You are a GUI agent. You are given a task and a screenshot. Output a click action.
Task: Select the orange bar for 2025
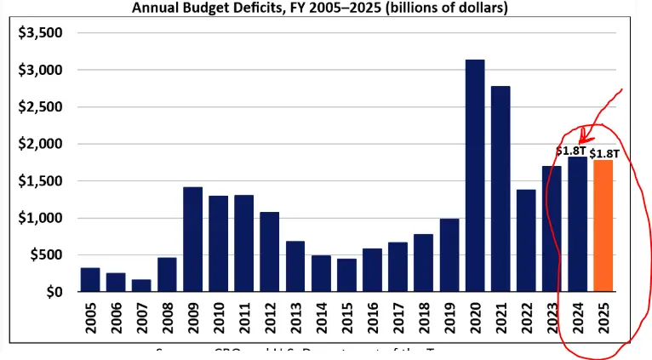[x=602, y=226]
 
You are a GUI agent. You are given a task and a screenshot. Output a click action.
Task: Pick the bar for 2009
[x=192, y=239]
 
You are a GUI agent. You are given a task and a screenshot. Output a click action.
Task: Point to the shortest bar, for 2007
[x=141, y=285]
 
